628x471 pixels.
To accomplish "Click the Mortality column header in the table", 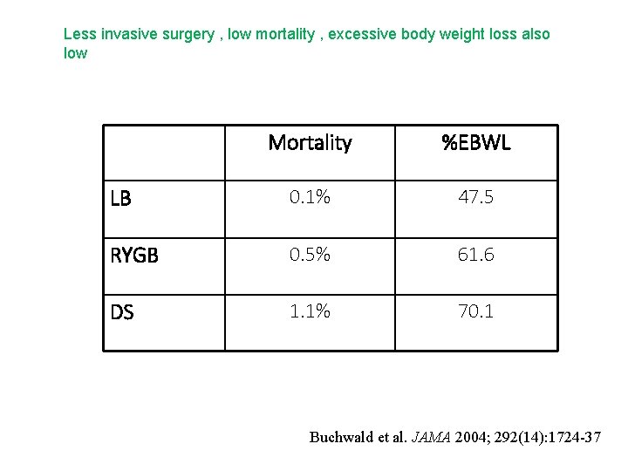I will click(x=310, y=143).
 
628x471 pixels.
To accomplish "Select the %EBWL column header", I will click(x=476, y=143).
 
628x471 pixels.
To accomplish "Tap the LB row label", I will click(x=121, y=199).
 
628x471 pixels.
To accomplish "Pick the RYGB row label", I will click(x=134, y=256).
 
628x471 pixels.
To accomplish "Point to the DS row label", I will click(x=122, y=312).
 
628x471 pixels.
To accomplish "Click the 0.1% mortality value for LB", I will click(x=310, y=198).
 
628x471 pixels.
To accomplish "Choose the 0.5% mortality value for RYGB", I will click(x=310, y=255).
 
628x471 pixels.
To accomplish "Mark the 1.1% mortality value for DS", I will click(x=310, y=311).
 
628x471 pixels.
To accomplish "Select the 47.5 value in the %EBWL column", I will click(x=476, y=198).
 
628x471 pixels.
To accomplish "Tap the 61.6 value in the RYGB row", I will click(x=476, y=255).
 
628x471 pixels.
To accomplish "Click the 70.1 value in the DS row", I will click(x=476, y=311).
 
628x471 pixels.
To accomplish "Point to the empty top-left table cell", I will click(x=164, y=153).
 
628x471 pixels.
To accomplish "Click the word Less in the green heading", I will click(x=79, y=34).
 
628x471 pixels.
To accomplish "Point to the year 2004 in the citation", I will click(x=469, y=437).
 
